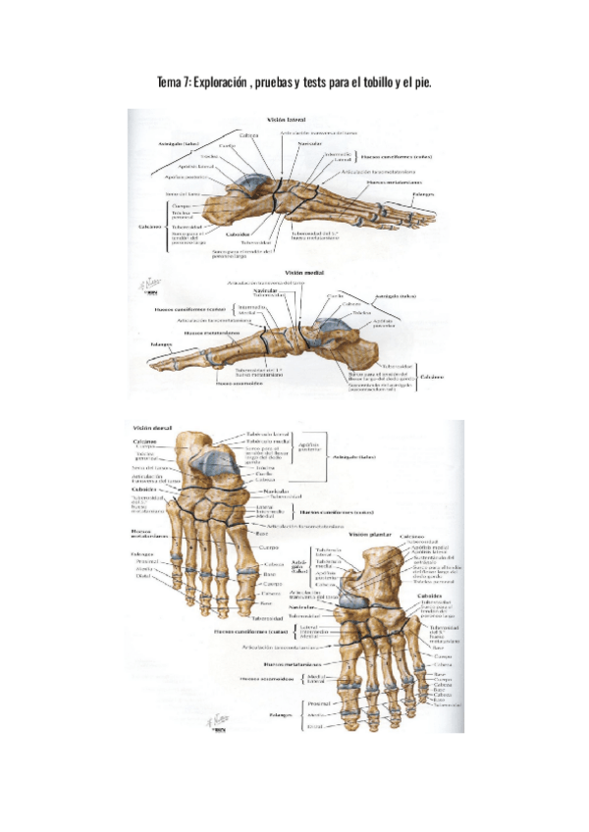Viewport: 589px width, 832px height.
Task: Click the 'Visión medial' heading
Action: [304, 274]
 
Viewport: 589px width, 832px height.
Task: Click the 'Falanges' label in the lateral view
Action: [424, 193]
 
